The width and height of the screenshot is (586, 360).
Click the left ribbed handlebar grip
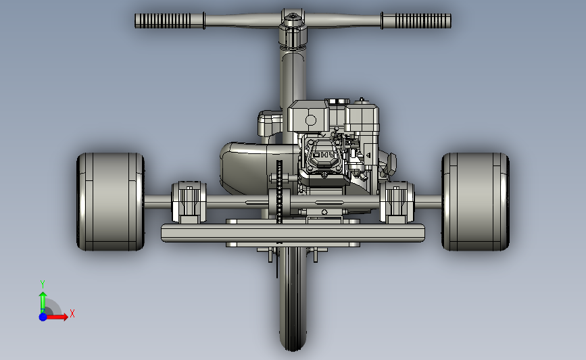tap(163, 21)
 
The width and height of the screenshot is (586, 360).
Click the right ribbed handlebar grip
tap(423, 21)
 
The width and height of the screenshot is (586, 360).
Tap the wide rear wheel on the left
tap(111, 202)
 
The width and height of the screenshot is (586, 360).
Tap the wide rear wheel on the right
tap(475, 202)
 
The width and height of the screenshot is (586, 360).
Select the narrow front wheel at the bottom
tap(293, 299)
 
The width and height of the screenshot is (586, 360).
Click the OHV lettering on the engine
tap(324, 155)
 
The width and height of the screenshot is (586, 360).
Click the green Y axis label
tap(42, 284)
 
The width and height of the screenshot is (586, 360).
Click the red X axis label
tap(72, 313)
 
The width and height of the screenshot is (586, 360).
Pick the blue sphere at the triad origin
tap(43, 317)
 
